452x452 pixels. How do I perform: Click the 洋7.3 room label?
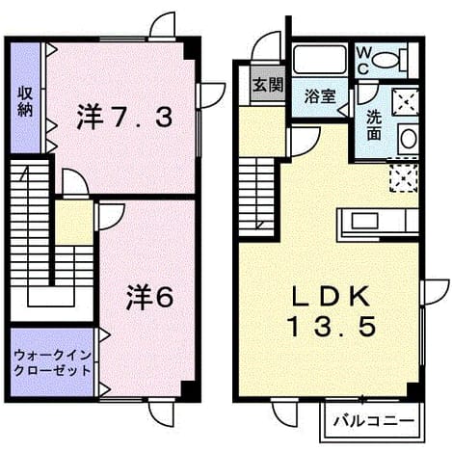[124, 117]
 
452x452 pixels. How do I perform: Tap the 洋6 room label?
[150, 297]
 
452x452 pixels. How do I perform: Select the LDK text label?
[330, 296]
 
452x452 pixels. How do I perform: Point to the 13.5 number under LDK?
[332, 326]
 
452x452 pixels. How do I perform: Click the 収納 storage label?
[25, 101]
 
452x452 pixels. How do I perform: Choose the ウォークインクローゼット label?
[53, 363]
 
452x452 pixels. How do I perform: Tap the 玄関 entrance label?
[268, 85]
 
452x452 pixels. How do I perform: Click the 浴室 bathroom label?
[320, 96]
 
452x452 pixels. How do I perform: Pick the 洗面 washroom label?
[374, 125]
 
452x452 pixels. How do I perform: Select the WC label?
[363, 60]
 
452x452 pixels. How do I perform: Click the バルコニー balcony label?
[374, 421]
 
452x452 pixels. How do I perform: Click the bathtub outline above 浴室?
[320, 60]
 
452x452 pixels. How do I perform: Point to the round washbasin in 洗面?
[409, 139]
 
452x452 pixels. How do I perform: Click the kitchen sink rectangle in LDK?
[364, 221]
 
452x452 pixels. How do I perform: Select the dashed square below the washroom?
[404, 178]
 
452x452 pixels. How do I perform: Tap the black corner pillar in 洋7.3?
[190, 50]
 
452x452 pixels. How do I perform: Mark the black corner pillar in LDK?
[413, 390]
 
